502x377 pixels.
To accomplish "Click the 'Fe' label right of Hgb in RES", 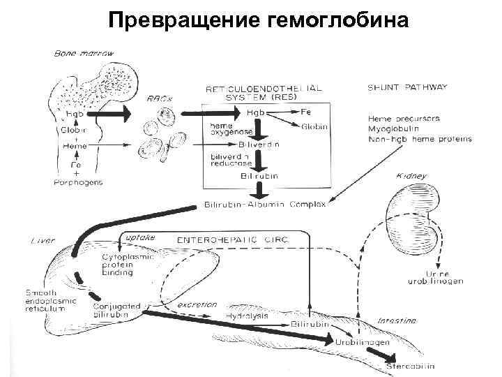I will click(x=306, y=112).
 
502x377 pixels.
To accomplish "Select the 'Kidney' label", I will click(x=411, y=176).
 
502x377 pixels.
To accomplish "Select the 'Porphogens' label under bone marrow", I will click(x=77, y=182).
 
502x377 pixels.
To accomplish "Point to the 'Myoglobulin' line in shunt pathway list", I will click(x=396, y=129).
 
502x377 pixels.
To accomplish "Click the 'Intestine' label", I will click(x=397, y=320).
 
